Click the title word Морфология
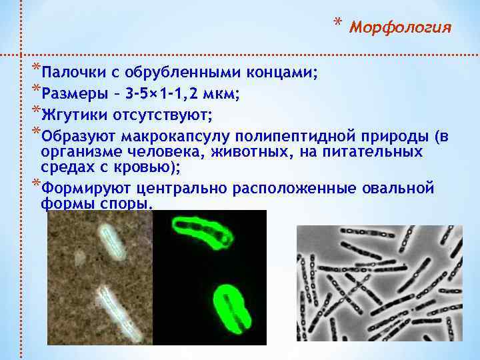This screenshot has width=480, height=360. coord(400,27)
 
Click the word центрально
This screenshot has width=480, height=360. coord(175,188)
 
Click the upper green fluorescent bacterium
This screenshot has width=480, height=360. coord(201,231)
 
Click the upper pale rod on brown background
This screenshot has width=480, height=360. coord(111,240)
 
